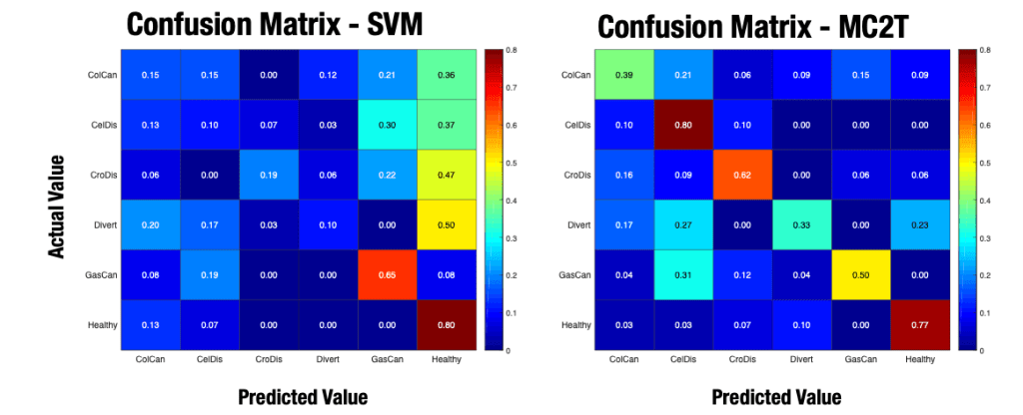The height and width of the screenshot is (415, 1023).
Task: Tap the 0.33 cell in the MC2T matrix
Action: [804, 224]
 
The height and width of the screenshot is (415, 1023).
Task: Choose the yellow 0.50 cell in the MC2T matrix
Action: [864, 274]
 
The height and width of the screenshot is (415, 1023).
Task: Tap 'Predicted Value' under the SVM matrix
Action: [303, 396]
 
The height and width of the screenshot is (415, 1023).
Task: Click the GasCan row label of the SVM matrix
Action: [102, 274]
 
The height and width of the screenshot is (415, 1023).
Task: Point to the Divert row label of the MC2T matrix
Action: [577, 224]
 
